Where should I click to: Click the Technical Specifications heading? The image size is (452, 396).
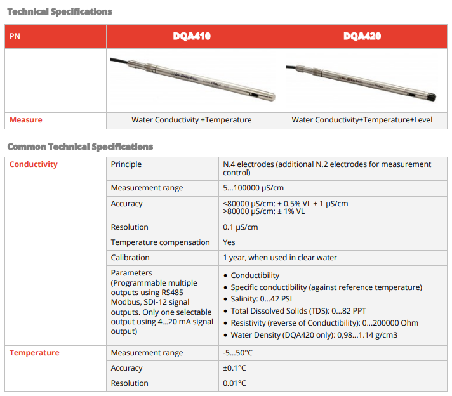click(60, 11)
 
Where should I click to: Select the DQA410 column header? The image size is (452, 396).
click(192, 37)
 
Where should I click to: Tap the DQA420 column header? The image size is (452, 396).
click(362, 37)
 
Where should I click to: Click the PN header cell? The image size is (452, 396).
click(15, 37)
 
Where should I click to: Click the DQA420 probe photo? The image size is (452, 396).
click(362, 79)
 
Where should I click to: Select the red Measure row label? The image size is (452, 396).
click(26, 120)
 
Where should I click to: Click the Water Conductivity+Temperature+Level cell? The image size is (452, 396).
click(362, 120)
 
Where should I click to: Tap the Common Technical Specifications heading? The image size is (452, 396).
click(80, 147)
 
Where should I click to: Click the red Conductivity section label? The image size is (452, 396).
click(34, 164)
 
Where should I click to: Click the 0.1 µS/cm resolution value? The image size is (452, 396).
click(241, 227)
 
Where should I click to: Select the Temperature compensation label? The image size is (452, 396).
click(160, 242)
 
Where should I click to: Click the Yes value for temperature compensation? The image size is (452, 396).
click(229, 242)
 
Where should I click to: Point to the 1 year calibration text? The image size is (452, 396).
click(280, 258)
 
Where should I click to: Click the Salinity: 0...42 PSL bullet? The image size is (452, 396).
click(262, 299)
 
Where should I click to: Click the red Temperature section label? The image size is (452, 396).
click(34, 353)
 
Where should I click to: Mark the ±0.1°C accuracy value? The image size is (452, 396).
click(234, 368)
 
